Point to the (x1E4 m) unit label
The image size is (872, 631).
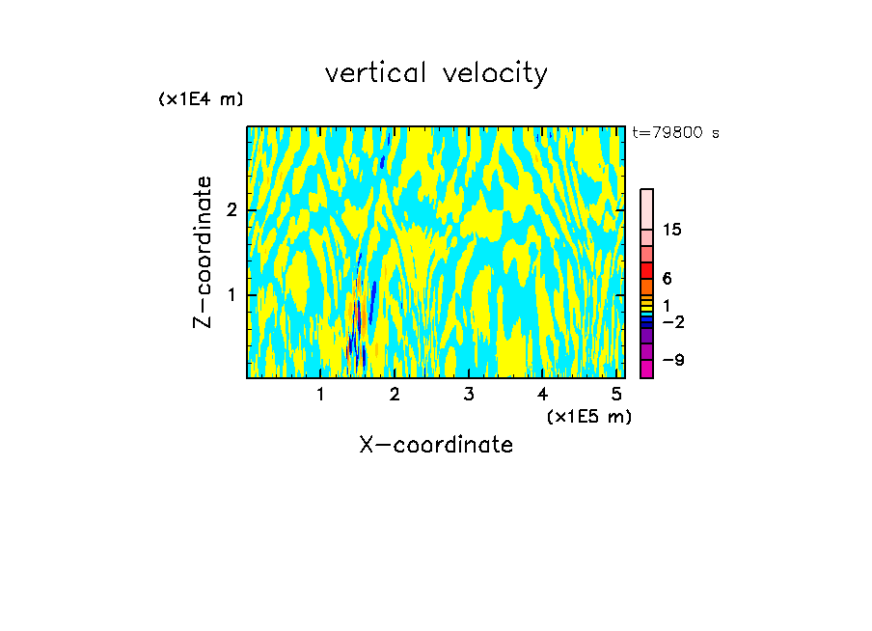point(201,99)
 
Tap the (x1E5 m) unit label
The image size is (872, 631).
point(588,416)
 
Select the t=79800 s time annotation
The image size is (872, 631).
point(675,133)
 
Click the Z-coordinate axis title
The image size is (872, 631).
point(203,252)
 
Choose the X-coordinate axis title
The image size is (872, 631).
point(436,445)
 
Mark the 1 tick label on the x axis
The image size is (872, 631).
point(320,394)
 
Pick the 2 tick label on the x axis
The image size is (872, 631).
point(395,394)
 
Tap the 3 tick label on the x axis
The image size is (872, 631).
point(469,394)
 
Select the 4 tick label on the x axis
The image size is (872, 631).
point(542,394)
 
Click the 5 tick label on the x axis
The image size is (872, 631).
point(616,394)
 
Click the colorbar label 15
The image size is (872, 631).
point(672,230)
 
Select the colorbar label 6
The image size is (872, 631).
point(667,278)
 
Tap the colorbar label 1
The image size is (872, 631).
point(666,305)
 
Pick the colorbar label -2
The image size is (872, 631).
point(672,321)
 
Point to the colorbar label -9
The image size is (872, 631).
point(672,360)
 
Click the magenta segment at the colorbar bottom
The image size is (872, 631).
point(646,369)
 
